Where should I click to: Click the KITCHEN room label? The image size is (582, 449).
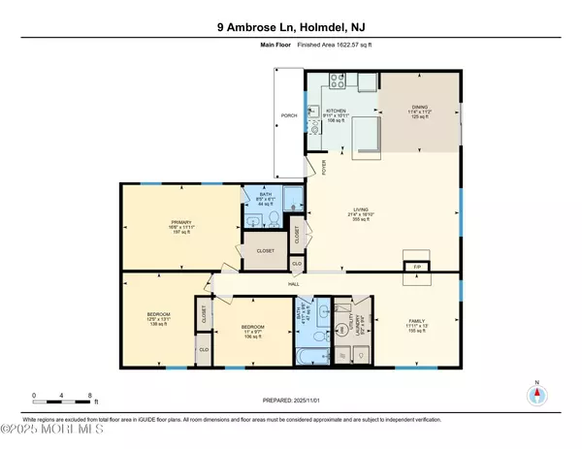[335, 112]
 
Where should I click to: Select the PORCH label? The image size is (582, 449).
[288, 115]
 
